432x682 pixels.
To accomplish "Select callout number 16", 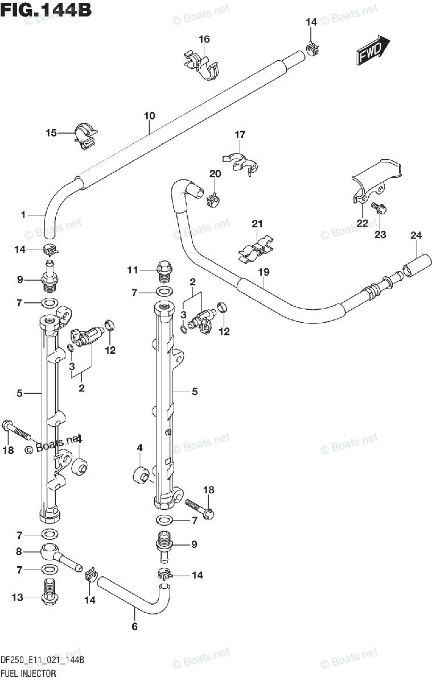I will click(x=204, y=39).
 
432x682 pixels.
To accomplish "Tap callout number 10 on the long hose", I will click(x=149, y=116).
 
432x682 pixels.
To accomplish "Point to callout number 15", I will click(x=51, y=133).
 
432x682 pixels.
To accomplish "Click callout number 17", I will click(x=240, y=135).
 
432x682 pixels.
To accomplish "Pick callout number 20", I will click(x=215, y=174).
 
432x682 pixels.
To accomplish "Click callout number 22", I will click(x=362, y=223).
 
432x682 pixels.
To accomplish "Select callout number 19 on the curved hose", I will click(x=263, y=272).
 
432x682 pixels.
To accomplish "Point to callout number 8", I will click(x=19, y=551).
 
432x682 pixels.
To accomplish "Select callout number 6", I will click(x=135, y=627).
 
